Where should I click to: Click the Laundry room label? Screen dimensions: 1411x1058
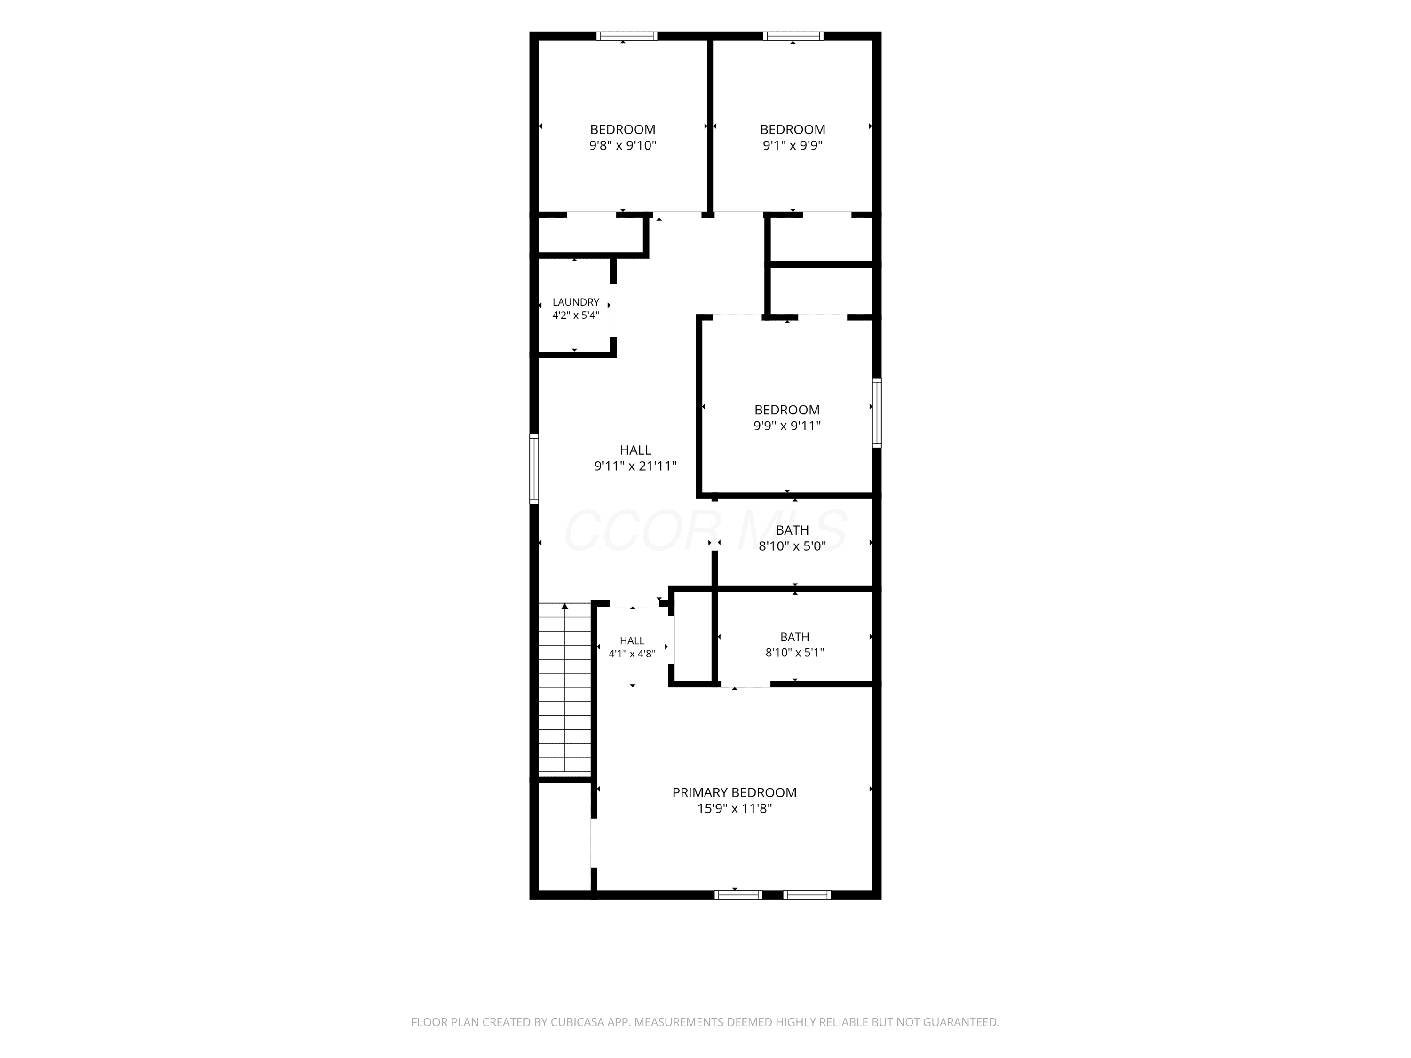click(x=575, y=302)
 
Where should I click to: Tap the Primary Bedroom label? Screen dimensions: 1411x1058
click(x=734, y=792)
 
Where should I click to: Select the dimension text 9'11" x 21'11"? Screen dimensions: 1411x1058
click(x=635, y=466)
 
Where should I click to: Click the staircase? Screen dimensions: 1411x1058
click(x=564, y=689)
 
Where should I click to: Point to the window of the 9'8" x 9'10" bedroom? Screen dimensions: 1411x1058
click(x=626, y=36)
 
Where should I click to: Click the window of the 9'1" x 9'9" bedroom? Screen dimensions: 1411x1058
click(x=793, y=36)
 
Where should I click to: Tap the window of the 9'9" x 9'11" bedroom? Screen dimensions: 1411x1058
click(x=877, y=412)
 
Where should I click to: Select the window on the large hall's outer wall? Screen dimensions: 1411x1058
click(x=534, y=469)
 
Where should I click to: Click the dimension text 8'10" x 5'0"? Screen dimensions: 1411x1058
click(x=792, y=546)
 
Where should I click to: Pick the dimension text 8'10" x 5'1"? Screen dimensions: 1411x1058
click(x=795, y=652)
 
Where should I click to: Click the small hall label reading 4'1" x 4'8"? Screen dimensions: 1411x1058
click(x=632, y=654)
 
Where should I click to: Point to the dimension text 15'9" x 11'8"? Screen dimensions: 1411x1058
click(x=735, y=809)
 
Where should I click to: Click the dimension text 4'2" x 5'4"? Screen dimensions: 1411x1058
click(x=575, y=315)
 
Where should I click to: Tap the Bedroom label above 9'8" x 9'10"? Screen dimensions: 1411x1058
click(x=623, y=129)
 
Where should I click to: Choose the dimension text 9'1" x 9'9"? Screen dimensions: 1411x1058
click(x=793, y=145)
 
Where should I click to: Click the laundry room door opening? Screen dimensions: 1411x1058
click(x=613, y=310)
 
